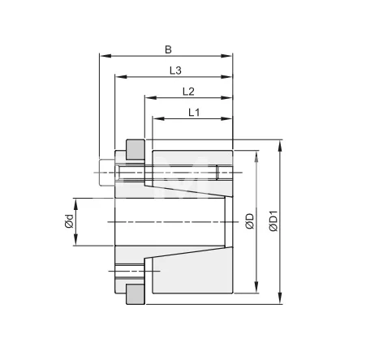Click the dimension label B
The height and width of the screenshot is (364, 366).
point(168,49)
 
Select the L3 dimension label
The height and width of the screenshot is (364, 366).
point(174,71)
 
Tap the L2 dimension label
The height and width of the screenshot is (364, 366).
point(187,91)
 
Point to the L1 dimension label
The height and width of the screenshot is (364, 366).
point(194,112)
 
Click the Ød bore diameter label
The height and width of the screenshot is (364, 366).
point(70,221)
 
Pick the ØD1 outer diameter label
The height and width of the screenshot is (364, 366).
point(273,221)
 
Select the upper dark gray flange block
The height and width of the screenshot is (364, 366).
point(135,150)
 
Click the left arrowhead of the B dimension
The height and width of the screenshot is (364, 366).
point(102,57)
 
